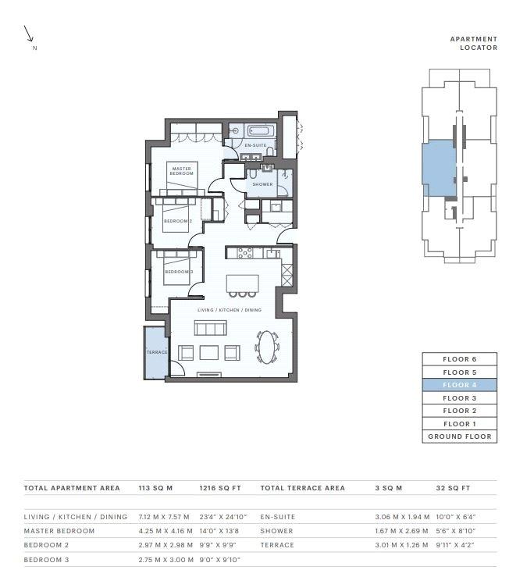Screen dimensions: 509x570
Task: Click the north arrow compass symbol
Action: coord(29,34)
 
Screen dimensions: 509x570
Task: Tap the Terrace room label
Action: coord(157,352)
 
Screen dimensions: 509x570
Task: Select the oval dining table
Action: coord(267,347)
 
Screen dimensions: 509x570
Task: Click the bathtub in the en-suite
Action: coord(261,131)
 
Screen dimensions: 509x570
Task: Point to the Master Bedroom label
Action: coord(181,171)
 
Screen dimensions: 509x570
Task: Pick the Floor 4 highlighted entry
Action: coord(460,385)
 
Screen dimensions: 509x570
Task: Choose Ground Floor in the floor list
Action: coord(460,436)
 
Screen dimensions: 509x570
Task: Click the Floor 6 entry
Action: coord(460,359)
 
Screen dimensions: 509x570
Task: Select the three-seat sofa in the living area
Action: coord(211,327)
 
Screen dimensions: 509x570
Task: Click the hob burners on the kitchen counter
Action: coord(245,253)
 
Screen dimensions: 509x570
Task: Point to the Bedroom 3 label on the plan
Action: coord(179,272)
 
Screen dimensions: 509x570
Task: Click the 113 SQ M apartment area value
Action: coord(155,488)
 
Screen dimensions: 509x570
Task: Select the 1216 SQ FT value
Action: coord(220,488)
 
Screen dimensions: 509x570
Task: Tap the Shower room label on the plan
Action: coord(262,184)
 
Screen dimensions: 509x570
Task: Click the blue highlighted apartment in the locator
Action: coord(439,169)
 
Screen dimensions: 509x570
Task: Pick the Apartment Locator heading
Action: coord(474,43)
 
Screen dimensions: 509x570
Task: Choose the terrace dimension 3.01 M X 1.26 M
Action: coord(402,545)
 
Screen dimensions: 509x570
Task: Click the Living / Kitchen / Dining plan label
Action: coord(230,310)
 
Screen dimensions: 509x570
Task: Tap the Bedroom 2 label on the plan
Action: coord(178,221)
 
